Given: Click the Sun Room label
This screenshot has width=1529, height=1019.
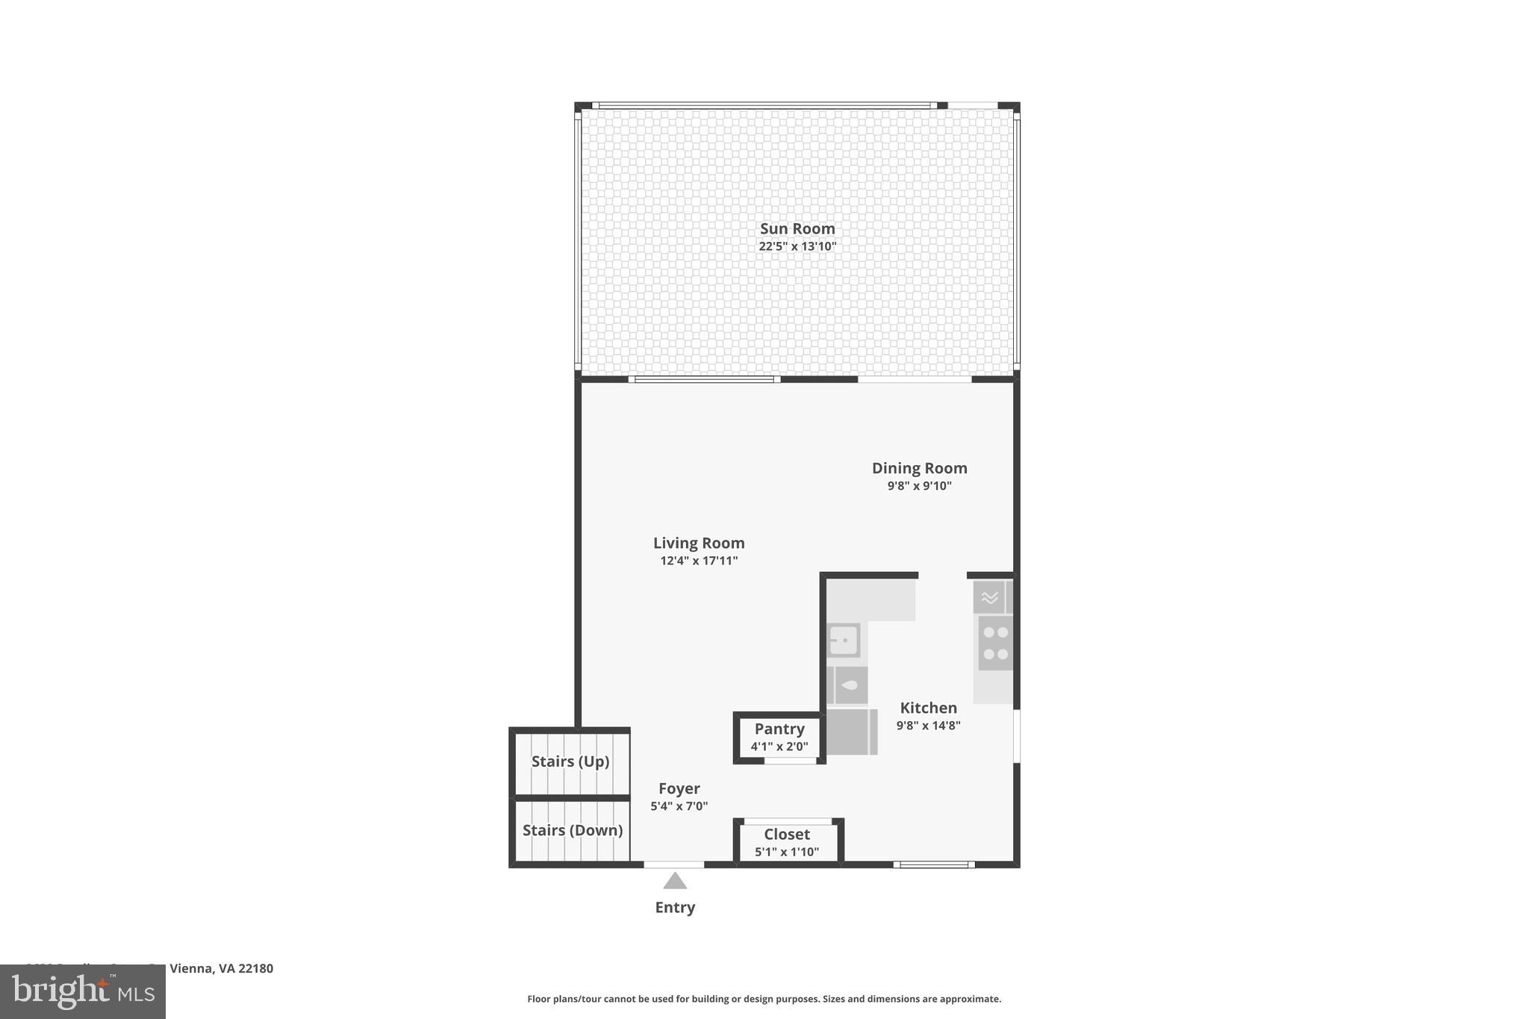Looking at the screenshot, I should pyautogui.click(x=797, y=228).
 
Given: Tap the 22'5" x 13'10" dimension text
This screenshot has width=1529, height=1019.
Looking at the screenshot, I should pyautogui.click(x=797, y=246).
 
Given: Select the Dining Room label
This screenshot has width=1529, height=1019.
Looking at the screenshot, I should pyautogui.click(x=919, y=468).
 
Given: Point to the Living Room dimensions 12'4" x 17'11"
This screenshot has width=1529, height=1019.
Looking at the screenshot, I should pyautogui.click(x=699, y=561).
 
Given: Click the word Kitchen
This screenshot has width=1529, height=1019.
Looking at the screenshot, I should pyautogui.click(x=928, y=708).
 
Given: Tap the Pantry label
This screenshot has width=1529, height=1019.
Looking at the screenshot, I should pyautogui.click(x=779, y=729).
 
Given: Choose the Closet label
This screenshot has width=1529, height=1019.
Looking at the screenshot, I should pyautogui.click(x=786, y=834).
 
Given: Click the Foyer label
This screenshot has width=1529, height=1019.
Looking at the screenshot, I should pyautogui.click(x=679, y=788).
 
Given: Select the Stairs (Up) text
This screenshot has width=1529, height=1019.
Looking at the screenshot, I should pyautogui.click(x=570, y=761).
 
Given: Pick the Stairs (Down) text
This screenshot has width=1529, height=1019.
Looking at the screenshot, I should pyautogui.click(x=572, y=830).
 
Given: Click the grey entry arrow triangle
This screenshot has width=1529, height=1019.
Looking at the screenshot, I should pyautogui.click(x=675, y=882).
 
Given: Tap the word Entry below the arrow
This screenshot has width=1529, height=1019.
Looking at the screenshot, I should pyautogui.click(x=675, y=908).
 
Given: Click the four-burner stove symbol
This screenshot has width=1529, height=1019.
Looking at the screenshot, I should pyautogui.click(x=995, y=643).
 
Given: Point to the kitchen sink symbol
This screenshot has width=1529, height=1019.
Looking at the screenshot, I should pyautogui.click(x=844, y=641).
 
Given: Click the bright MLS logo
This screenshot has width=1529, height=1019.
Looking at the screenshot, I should pyautogui.click(x=82, y=991).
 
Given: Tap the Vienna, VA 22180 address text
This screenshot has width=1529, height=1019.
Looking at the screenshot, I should pyautogui.click(x=221, y=968).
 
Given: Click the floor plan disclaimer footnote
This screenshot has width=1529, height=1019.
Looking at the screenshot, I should pyautogui.click(x=764, y=999).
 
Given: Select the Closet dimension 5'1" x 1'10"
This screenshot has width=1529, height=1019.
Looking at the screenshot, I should pyautogui.click(x=786, y=852).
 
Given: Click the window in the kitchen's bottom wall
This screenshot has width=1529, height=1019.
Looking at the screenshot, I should pyautogui.click(x=934, y=864).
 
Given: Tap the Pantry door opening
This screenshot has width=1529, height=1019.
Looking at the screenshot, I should pyautogui.click(x=791, y=761).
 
